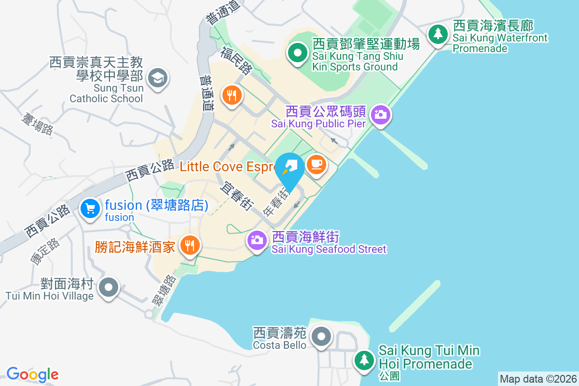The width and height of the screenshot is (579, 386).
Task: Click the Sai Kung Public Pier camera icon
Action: click(381, 114)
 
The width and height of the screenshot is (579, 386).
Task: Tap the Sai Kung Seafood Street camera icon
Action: click(257, 239)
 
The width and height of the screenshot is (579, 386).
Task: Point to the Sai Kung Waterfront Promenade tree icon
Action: click(438, 34)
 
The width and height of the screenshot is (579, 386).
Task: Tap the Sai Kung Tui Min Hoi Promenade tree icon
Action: click(364, 359)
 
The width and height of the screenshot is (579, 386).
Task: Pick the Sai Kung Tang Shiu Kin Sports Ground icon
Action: click(298, 52)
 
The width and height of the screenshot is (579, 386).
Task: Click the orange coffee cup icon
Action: click(317, 165)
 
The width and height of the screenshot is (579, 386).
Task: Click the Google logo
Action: click(32, 374)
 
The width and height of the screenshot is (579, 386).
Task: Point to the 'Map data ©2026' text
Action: click(538, 379)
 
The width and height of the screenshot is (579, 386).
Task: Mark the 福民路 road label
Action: click(237, 60)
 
